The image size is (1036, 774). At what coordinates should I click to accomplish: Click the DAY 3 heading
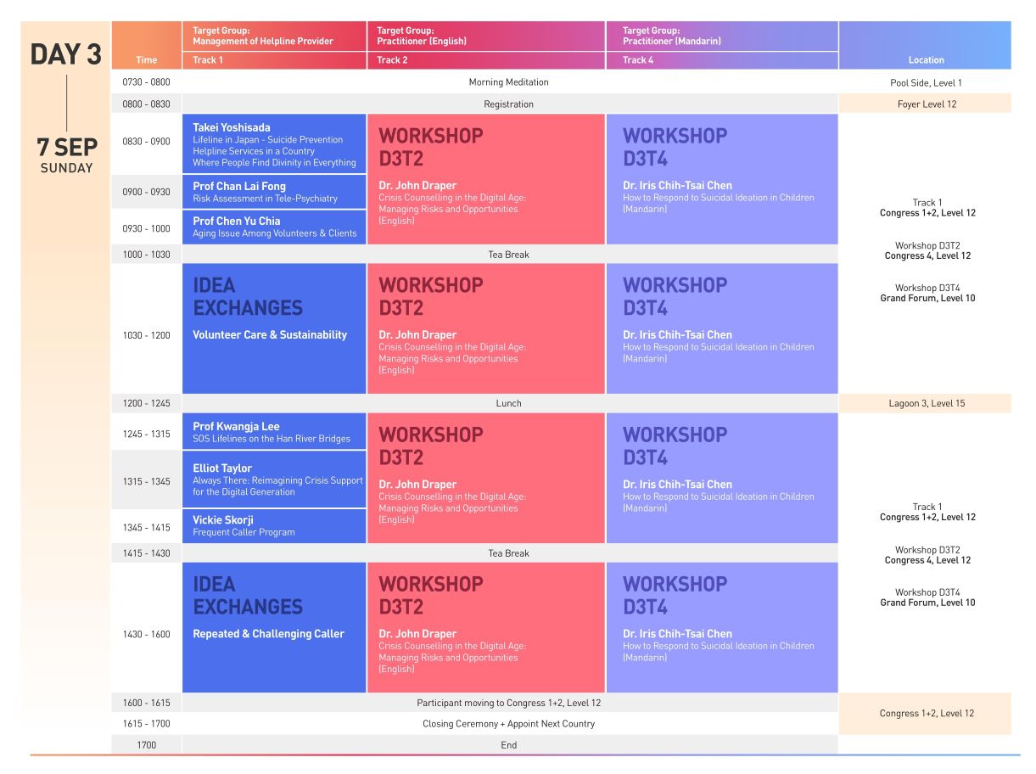pos(65,55)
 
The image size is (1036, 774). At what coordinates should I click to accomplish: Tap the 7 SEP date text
pos(66,147)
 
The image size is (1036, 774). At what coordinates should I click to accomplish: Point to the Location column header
pos(926,60)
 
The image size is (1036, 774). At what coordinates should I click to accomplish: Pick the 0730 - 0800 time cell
pos(147,82)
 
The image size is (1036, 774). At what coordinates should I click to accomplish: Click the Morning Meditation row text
pos(508,82)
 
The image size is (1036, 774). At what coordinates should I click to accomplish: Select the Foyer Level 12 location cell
pos(926,104)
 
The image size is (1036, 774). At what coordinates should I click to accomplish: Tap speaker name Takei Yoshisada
pos(232,128)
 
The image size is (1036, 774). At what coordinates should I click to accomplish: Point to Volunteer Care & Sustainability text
pos(270,335)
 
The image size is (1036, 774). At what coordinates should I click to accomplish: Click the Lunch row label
pos(508,403)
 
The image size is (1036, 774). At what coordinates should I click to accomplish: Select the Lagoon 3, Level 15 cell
pos(926,403)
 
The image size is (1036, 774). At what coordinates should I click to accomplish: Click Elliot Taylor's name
pos(222,468)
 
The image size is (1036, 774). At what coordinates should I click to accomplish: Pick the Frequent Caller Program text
pos(244,533)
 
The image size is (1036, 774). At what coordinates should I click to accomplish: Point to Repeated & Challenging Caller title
pos(268,634)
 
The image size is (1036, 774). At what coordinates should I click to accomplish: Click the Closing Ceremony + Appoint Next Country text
pos(508,724)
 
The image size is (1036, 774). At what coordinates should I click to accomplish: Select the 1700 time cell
pos(147,745)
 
